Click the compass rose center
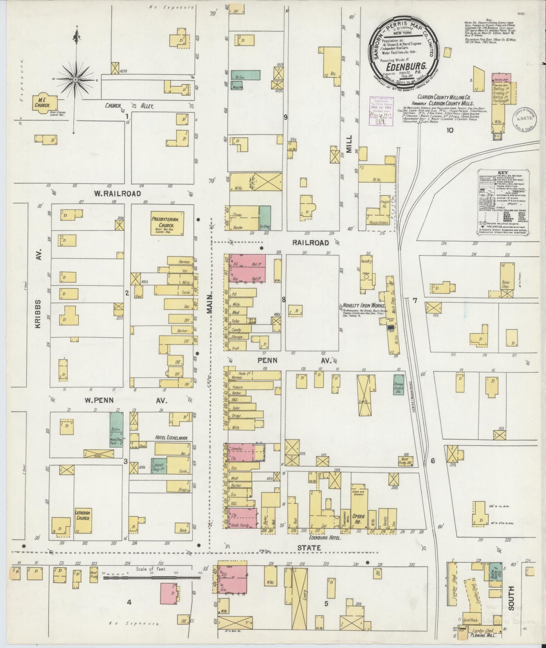(x=76, y=80)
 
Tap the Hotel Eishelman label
(x=172, y=438)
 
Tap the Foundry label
(x=366, y=261)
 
